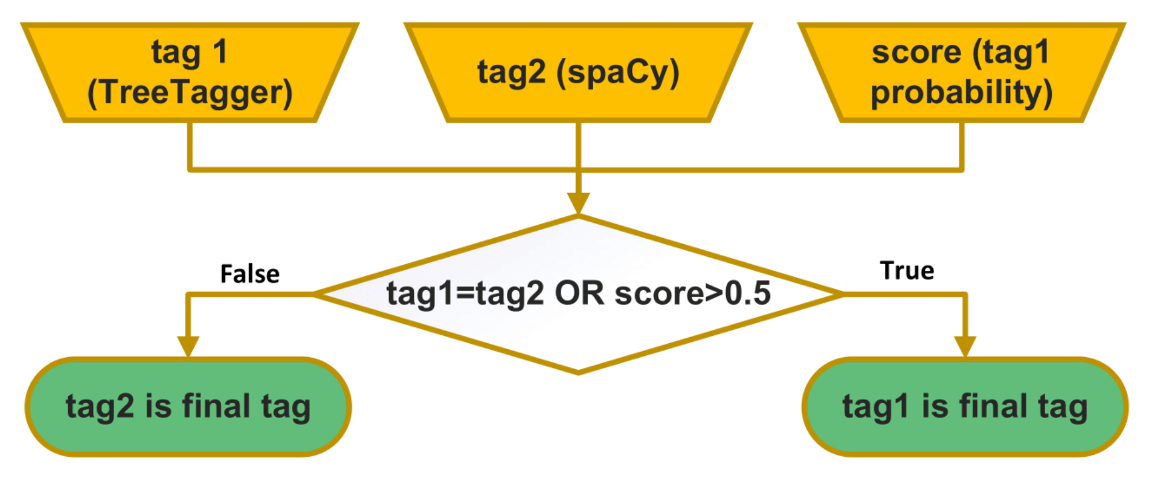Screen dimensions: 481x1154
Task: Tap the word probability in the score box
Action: point(961,92)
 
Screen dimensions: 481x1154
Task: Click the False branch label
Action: point(250,275)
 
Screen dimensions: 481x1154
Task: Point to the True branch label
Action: point(907,271)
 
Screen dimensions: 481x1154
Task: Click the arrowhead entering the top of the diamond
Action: point(578,203)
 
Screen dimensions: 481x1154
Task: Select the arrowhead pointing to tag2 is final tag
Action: point(188,346)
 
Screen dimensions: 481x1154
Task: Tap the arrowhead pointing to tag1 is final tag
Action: point(965,346)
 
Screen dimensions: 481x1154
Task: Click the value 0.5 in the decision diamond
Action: point(748,293)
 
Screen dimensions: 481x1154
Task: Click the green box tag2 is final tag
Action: point(188,406)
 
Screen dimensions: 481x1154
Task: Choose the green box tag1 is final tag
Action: point(965,406)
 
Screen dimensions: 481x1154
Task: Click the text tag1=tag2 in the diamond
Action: point(465,294)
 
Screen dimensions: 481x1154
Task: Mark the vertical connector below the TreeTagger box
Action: point(190,146)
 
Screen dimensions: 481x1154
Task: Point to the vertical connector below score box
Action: point(961,146)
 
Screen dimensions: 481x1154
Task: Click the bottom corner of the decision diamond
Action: point(578,372)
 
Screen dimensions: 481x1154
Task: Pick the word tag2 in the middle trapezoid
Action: point(511,72)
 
